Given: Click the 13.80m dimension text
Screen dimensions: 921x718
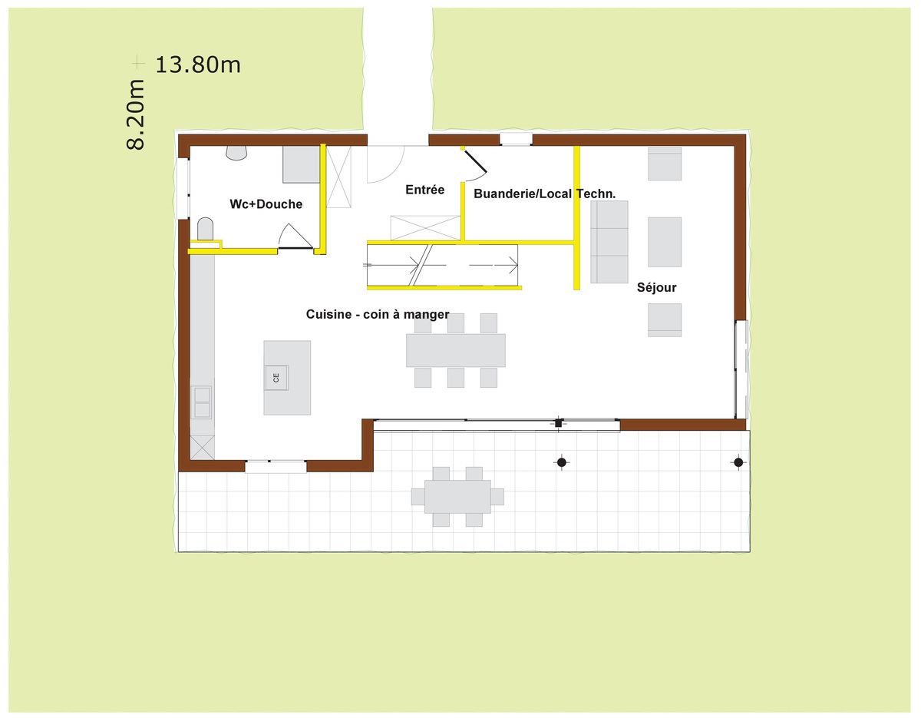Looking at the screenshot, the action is pyautogui.click(x=198, y=65).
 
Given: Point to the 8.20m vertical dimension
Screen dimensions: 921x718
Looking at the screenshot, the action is pyautogui.click(x=136, y=114).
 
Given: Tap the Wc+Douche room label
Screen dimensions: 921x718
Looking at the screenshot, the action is pyautogui.click(x=266, y=204).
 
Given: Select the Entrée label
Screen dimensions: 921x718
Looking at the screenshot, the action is pyautogui.click(x=424, y=190).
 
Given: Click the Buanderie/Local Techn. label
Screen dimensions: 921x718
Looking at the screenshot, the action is pyautogui.click(x=544, y=194).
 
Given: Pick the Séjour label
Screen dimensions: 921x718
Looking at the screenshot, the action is pyautogui.click(x=656, y=287).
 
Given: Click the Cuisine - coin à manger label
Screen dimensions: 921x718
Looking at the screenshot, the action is pyautogui.click(x=377, y=314).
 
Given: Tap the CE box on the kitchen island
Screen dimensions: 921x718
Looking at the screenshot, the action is pyautogui.click(x=276, y=378).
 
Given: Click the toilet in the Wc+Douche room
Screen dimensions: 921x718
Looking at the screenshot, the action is pyautogui.click(x=206, y=229).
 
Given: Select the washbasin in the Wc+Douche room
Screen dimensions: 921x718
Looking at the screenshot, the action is pyautogui.click(x=236, y=153).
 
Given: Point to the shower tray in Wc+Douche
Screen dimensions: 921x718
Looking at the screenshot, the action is pyautogui.click(x=301, y=164).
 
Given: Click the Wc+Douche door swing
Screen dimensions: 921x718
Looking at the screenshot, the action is pyautogui.click(x=295, y=236).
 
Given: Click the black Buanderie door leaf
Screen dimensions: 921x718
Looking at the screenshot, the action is pyautogui.click(x=476, y=161).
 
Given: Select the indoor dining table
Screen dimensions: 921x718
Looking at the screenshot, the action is pyautogui.click(x=456, y=350).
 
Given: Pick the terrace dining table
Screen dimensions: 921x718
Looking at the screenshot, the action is pyautogui.click(x=457, y=497).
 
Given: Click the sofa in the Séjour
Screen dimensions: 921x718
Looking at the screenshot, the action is pyautogui.click(x=609, y=242).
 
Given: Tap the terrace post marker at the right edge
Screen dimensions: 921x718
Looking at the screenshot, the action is pyautogui.click(x=738, y=462).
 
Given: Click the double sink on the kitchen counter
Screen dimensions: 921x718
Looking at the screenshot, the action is pyautogui.click(x=202, y=402).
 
